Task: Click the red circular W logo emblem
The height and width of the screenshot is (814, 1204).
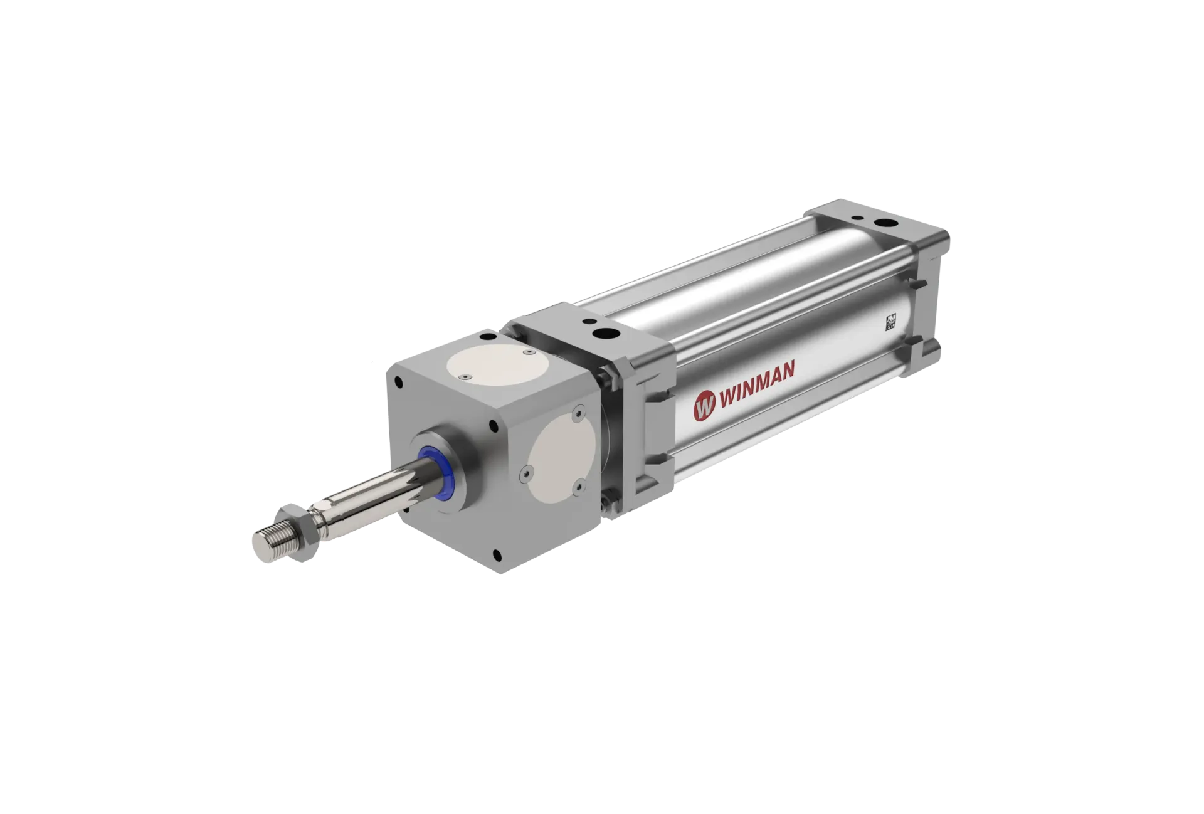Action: [704, 406]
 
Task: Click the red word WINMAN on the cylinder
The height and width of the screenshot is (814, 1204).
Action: [756, 384]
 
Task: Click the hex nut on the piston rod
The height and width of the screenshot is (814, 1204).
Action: [297, 525]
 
